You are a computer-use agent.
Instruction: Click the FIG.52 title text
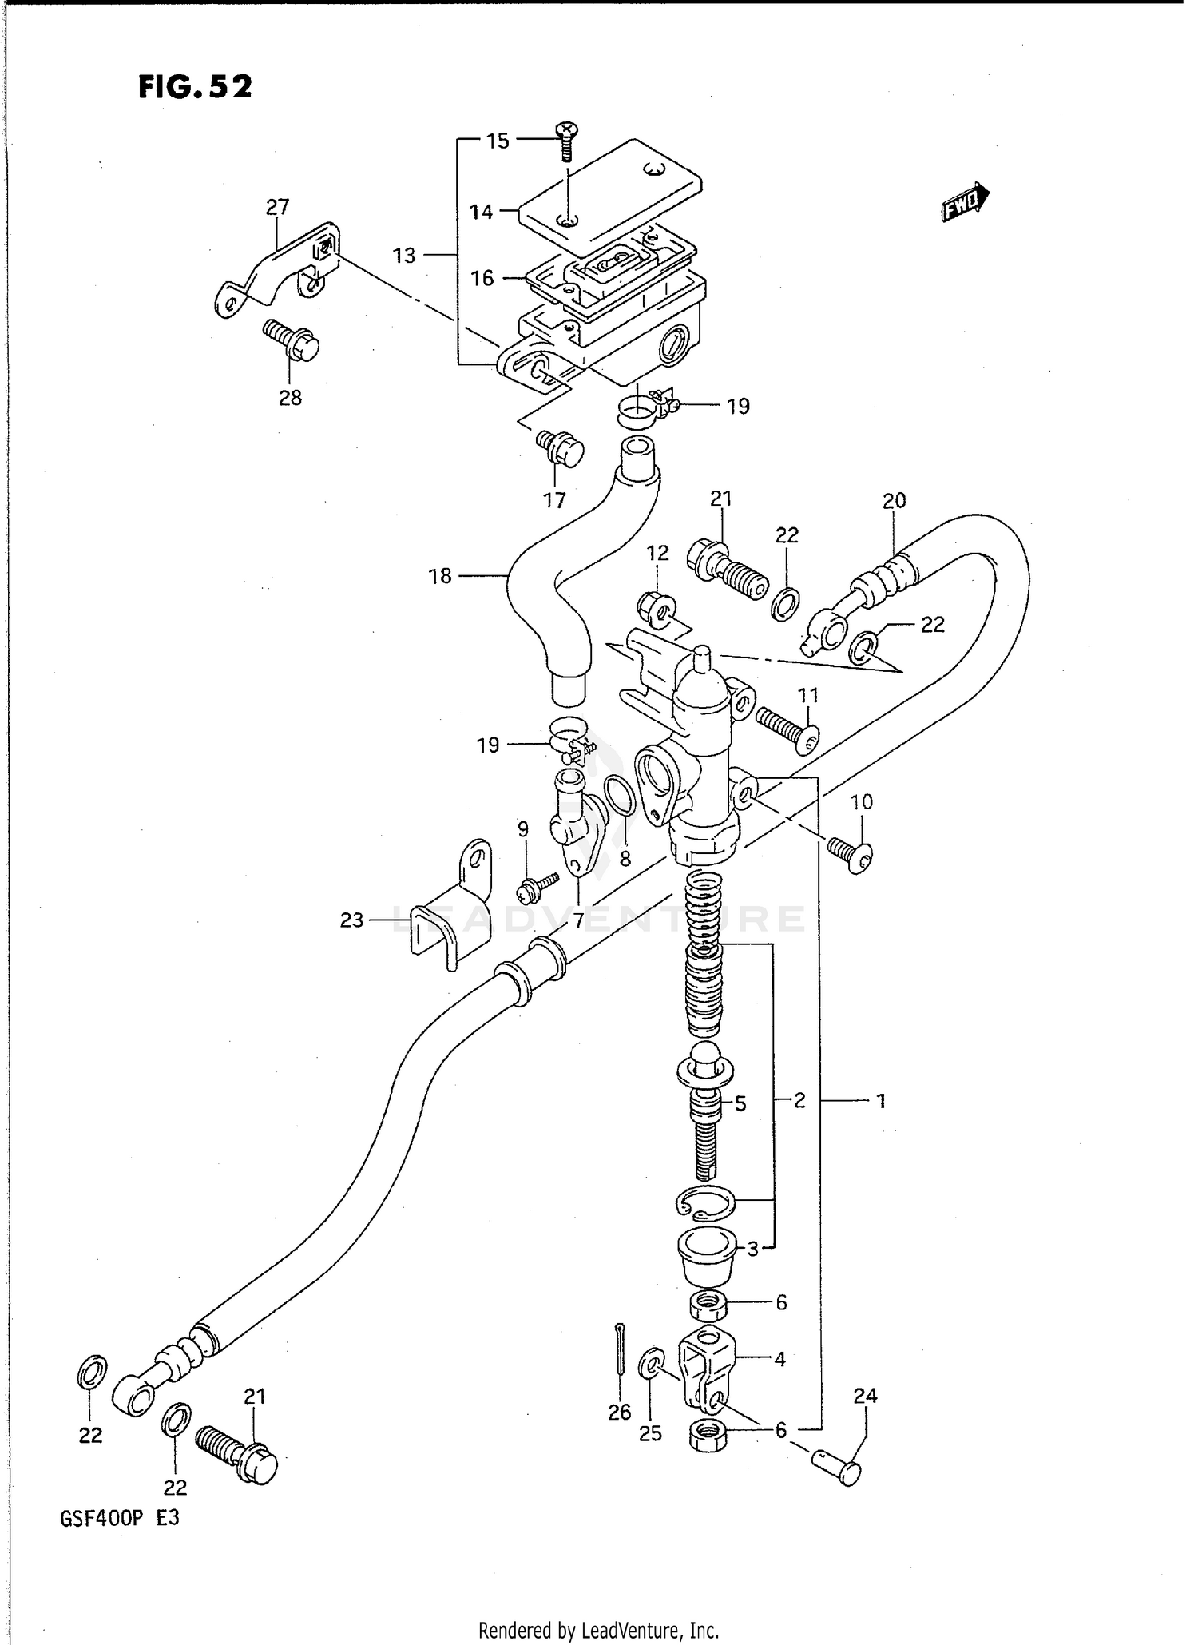[x=195, y=86]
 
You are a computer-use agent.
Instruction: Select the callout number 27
[x=277, y=207]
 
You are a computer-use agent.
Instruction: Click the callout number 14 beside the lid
[x=481, y=212]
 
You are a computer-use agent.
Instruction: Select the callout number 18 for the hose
[x=440, y=576]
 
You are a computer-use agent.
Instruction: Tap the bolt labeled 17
[x=561, y=449]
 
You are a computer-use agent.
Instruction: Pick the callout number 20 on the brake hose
[x=894, y=501]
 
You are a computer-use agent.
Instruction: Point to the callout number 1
[x=881, y=1102]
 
